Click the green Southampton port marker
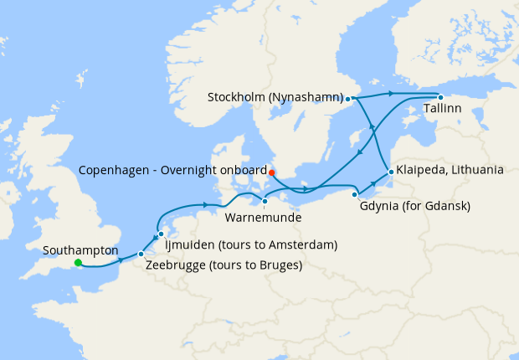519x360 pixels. pos(78,263)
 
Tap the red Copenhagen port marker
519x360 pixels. pos(271,172)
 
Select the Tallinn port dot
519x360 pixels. pos(440,97)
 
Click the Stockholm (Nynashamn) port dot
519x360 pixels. pos(347,99)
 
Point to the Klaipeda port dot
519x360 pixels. pos(390,172)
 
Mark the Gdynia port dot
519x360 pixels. pos(355,194)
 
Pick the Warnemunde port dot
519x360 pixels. pos(265,201)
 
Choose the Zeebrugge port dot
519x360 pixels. pos(141,254)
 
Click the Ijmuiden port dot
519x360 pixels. pos(161,234)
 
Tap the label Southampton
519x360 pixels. pos(80,249)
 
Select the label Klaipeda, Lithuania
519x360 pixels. pos(450,170)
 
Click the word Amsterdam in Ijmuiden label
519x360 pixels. pos(298,245)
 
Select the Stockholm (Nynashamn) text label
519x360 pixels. pos(274,98)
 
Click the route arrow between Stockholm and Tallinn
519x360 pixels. pos(390,94)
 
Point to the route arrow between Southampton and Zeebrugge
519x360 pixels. pos(122,261)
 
